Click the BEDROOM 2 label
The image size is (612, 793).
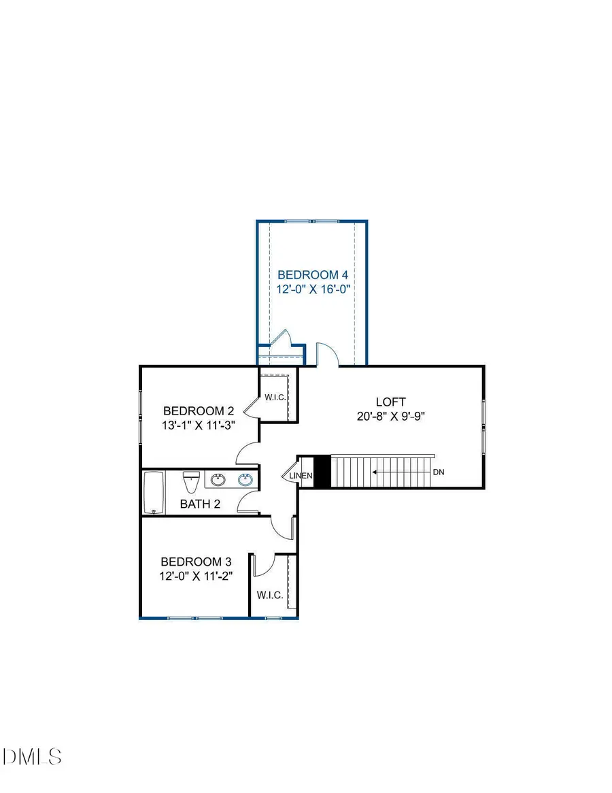(199, 411)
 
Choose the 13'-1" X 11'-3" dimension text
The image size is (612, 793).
(199, 425)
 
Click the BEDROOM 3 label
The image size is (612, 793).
(196, 562)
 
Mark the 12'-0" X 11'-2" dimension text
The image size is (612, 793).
(196, 576)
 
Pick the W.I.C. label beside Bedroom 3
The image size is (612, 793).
(270, 596)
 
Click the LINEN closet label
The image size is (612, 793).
(301, 475)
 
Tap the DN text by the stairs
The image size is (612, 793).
(438, 472)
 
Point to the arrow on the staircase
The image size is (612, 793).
(398, 471)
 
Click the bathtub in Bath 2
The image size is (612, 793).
(154, 493)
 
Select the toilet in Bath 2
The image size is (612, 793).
(191, 481)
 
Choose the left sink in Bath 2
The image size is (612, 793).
(218, 481)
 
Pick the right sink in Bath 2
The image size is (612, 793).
(245, 481)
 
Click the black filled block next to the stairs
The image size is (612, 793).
(322, 472)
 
